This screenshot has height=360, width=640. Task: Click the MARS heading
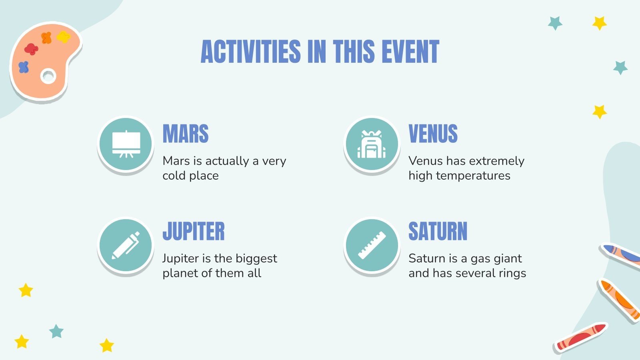pos(186,134)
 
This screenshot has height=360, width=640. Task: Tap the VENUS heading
pos(433,134)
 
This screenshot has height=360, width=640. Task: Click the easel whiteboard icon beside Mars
pos(126,144)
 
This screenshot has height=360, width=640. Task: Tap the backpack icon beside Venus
pos(372,144)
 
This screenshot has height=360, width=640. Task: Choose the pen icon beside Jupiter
pos(126,246)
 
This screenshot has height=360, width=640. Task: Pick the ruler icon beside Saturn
pos(372,246)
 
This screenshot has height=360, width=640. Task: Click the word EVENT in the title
pos(410,52)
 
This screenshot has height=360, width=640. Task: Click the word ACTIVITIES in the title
pos(250,52)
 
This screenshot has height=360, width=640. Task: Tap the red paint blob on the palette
pos(31,49)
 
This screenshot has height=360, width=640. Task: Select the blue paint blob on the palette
pos(24,67)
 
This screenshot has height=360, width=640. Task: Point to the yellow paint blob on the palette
pos(63,37)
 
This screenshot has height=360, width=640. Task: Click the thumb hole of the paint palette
pos(48,76)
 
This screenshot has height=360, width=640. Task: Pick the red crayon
pos(581,337)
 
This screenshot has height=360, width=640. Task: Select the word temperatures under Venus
pos(473,176)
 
